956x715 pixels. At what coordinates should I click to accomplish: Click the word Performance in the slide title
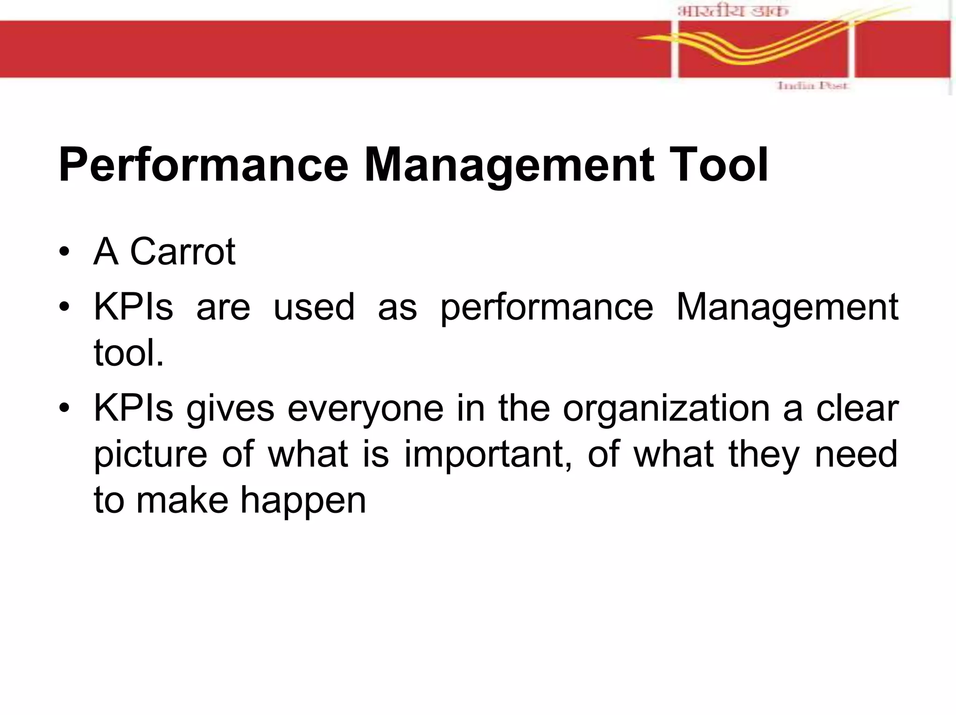pyautogui.click(x=204, y=165)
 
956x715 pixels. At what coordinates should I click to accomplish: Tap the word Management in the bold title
pyautogui.click(x=508, y=165)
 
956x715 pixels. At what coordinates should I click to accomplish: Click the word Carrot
pyautogui.click(x=183, y=252)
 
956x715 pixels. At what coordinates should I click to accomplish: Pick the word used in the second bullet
pyautogui.click(x=314, y=307)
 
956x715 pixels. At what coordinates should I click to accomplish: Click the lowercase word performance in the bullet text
pyautogui.click(x=547, y=307)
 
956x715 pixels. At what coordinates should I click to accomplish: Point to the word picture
pyautogui.click(x=150, y=454)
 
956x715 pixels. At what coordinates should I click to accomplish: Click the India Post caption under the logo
pyautogui.click(x=812, y=86)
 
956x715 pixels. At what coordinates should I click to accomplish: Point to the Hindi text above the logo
pyautogui.click(x=733, y=11)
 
